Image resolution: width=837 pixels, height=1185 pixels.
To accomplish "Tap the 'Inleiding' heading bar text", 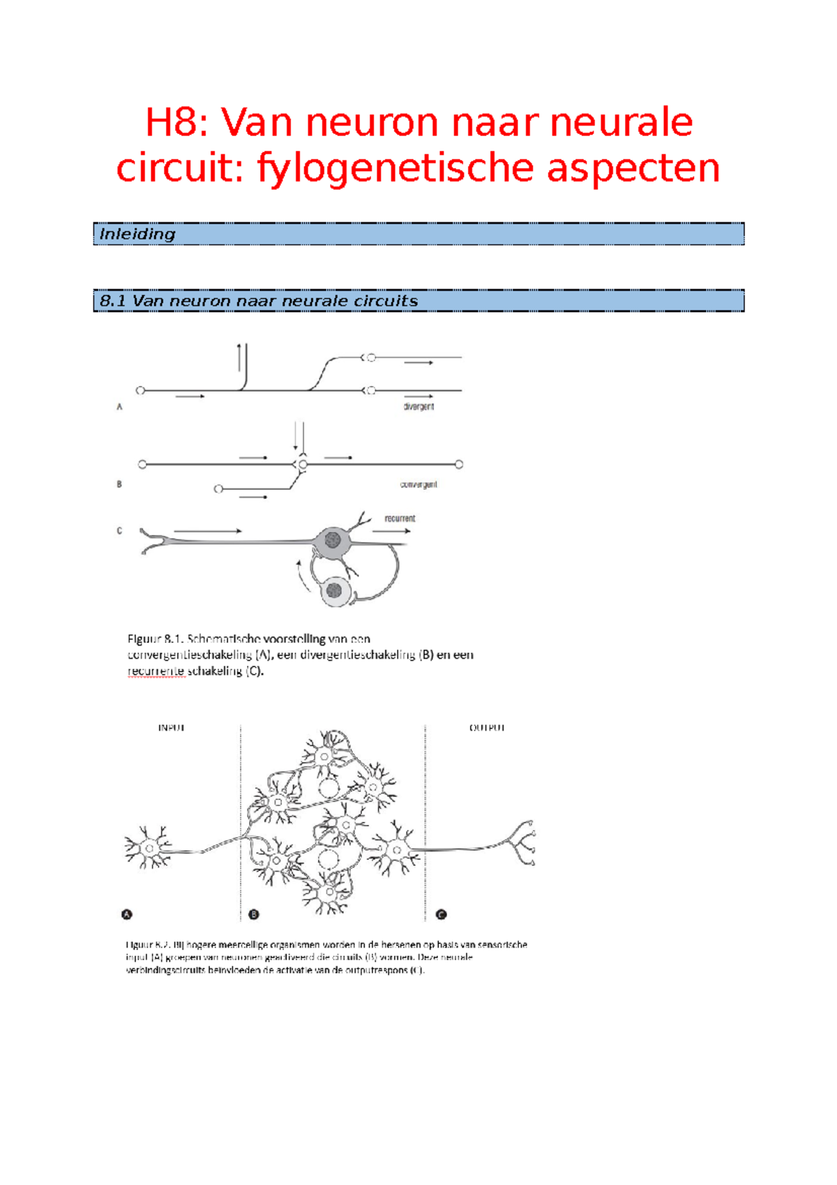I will [x=137, y=234].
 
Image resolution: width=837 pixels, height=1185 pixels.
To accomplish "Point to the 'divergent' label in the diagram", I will [x=418, y=406].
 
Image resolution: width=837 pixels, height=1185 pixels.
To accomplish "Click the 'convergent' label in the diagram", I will [x=418, y=484].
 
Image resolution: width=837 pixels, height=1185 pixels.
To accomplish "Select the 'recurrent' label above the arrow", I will [x=400, y=519].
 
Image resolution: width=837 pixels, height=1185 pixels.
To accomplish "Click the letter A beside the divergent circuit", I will [x=119, y=407].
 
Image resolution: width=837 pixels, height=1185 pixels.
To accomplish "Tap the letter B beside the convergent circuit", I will [x=119, y=484].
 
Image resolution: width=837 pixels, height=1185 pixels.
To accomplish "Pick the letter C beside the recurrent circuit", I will [x=119, y=530].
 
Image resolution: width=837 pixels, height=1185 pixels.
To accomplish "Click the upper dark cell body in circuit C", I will [x=333, y=539].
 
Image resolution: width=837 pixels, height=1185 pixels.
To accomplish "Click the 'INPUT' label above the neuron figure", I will [x=172, y=728].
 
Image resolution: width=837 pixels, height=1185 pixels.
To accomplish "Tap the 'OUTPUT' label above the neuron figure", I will [x=487, y=728].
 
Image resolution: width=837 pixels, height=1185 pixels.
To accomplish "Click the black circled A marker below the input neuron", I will [x=127, y=914].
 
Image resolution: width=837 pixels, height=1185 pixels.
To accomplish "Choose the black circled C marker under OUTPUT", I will [x=441, y=914].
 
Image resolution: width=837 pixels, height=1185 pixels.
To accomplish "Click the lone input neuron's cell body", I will [x=149, y=849].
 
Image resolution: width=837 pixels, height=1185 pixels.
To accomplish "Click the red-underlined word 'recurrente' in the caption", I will [x=156, y=671].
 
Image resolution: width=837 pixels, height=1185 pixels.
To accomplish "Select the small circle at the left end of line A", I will [x=140, y=391].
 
